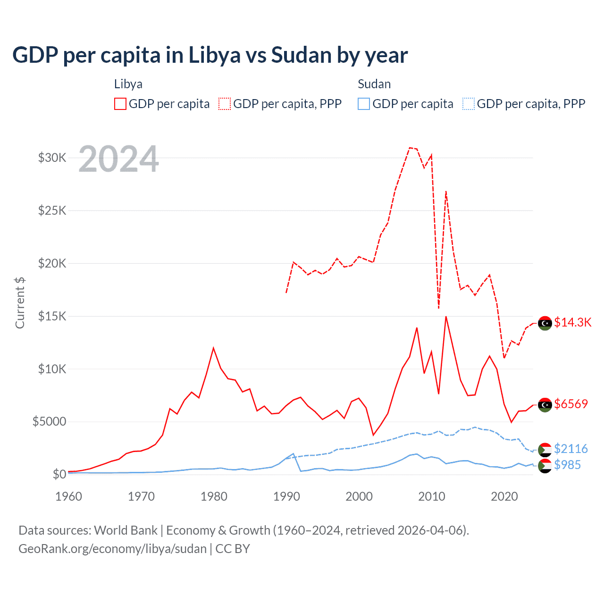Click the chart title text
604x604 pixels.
tap(210, 55)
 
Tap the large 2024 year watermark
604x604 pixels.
tap(118, 159)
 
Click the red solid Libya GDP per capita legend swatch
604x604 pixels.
tap(120, 104)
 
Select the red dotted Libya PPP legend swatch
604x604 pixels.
tap(225, 104)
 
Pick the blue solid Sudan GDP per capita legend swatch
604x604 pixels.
tap(364, 104)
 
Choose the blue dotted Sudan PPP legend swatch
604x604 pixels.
tap(469, 104)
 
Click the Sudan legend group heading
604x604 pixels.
tap(374, 84)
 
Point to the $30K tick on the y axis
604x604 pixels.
tap(52, 158)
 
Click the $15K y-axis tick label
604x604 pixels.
tap(52, 316)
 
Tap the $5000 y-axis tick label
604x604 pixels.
tap(49, 421)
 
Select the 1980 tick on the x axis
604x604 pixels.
tap(214, 496)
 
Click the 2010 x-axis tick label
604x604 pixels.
tap(432, 496)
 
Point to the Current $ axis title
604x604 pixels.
tap(20, 302)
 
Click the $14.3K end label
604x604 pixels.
tap(572, 322)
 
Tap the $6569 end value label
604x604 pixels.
tap(571, 404)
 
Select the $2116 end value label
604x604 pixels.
tap(571, 448)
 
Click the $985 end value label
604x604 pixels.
tap(568, 465)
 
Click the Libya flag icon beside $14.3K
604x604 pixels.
tap(545, 323)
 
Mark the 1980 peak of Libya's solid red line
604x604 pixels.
tap(213, 348)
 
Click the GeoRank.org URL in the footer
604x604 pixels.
tap(112, 549)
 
